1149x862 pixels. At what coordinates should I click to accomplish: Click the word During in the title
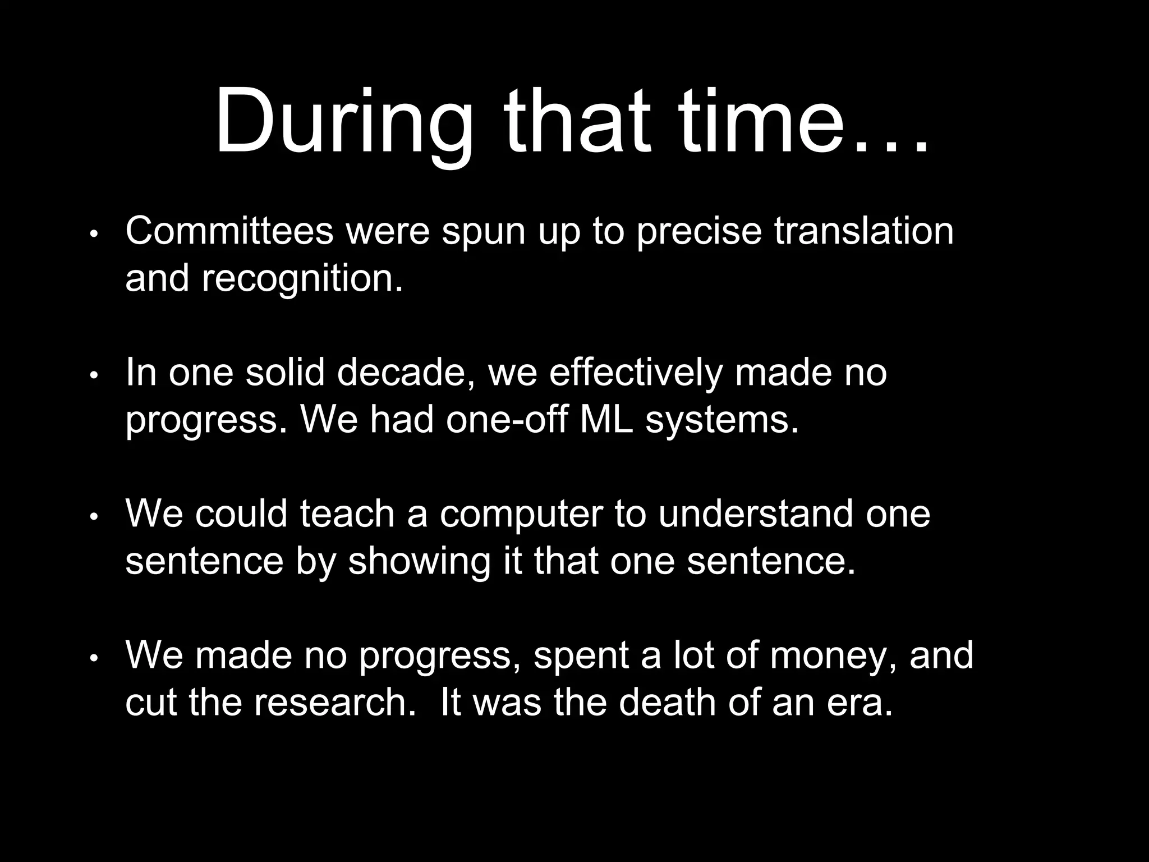tap(343, 121)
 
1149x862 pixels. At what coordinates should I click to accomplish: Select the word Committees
tap(229, 231)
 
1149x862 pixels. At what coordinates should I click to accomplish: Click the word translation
tap(863, 231)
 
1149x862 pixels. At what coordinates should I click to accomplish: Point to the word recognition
tap(302, 279)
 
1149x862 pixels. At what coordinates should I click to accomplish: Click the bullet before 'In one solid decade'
tap(94, 374)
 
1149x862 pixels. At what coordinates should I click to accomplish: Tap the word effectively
tap(635, 372)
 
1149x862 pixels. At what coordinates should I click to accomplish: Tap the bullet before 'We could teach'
tap(94, 516)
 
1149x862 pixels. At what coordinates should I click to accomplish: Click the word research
tap(332, 703)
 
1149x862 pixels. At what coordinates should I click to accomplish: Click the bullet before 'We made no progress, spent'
tap(94, 657)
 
